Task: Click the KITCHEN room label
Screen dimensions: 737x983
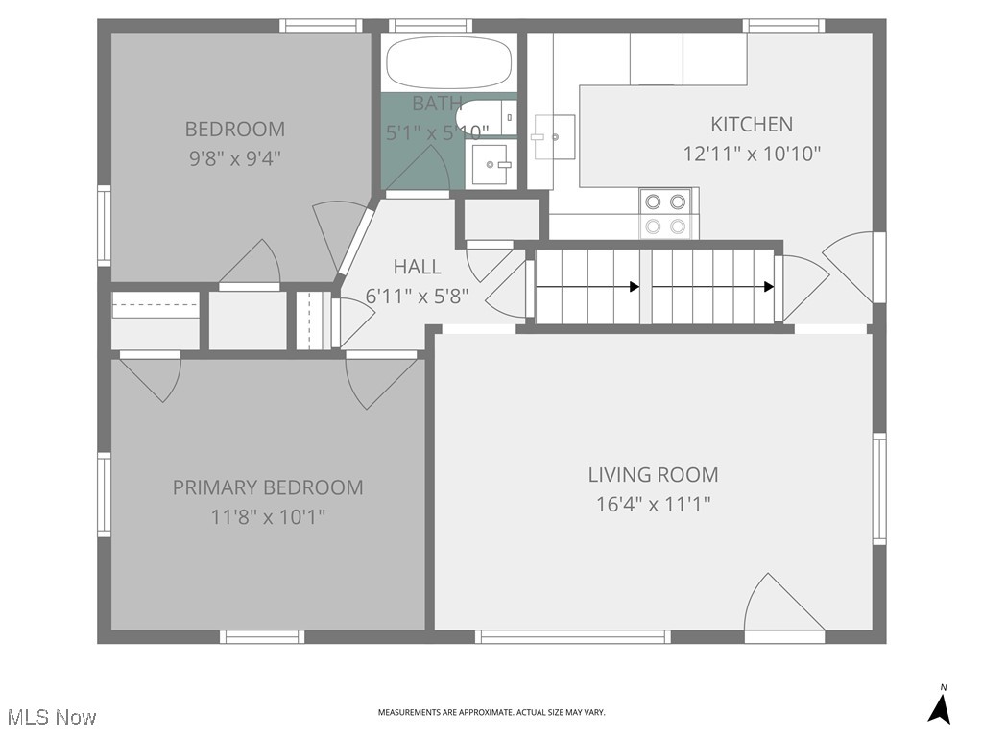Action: (x=752, y=124)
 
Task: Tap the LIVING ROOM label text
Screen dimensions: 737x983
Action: (x=653, y=474)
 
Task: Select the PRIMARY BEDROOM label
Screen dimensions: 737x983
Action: (x=268, y=487)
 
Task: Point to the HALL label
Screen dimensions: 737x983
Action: (x=417, y=267)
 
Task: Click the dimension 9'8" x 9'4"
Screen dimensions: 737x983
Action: (x=234, y=157)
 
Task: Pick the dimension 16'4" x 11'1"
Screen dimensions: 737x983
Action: (x=653, y=504)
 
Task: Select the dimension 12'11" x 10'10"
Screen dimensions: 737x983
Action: (x=752, y=154)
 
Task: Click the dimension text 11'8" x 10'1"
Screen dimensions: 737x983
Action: (x=268, y=517)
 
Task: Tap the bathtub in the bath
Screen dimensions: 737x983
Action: (x=448, y=63)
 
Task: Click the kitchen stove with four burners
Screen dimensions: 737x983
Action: (x=666, y=213)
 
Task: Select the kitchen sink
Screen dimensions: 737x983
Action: (x=553, y=138)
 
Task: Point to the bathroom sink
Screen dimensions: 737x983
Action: (x=493, y=165)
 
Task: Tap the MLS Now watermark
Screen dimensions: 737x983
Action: (x=51, y=717)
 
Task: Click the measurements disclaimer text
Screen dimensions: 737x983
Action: (x=491, y=712)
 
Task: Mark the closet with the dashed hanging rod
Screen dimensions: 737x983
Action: (x=156, y=307)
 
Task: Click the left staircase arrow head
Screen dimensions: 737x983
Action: (x=635, y=286)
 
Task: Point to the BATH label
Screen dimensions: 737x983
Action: (x=437, y=103)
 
